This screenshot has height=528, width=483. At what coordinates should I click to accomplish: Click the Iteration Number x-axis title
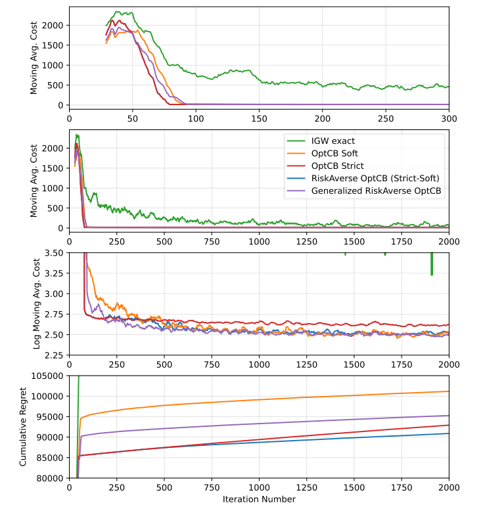pyautogui.click(x=259, y=499)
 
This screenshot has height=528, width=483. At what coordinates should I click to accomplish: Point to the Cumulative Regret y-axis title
pyautogui.click(x=24, y=427)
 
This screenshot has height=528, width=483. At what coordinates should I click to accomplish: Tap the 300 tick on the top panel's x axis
pyautogui.click(x=449, y=118)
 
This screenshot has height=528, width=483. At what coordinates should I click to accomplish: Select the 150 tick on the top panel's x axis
pyautogui.click(x=259, y=118)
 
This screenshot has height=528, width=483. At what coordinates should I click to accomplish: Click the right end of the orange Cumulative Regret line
pyautogui.click(x=449, y=391)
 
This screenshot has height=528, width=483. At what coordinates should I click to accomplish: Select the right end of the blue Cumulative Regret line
pyautogui.click(x=449, y=433)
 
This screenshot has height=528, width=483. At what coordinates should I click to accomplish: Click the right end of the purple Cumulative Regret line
pyautogui.click(x=449, y=415)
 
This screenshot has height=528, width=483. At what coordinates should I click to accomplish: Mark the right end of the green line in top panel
pyautogui.click(x=449, y=87)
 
